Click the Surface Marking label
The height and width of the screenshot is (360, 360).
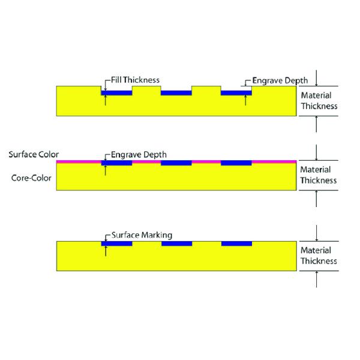[x=141, y=235]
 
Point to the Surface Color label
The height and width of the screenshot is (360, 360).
[x=34, y=154]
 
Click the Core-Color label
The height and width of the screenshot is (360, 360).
[x=32, y=178]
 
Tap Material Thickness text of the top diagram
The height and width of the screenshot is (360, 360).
[x=319, y=101]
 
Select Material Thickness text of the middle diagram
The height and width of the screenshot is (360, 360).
[x=319, y=175]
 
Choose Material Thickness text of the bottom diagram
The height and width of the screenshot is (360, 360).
[x=319, y=256]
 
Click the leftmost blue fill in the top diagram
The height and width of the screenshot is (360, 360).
[x=116, y=93]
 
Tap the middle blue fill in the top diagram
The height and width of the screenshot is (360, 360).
[x=176, y=93]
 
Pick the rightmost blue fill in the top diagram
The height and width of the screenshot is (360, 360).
[x=236, y=93]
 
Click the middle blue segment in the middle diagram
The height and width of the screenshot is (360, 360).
[x=176, y=163]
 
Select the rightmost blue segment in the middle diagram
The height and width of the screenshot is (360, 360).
[x=236, y=163]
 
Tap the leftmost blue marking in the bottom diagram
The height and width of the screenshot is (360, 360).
[x=116, y=244]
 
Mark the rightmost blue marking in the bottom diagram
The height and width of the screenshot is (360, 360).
[x=236, y=244]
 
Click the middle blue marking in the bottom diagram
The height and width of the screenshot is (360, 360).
[x=176, y=244]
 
